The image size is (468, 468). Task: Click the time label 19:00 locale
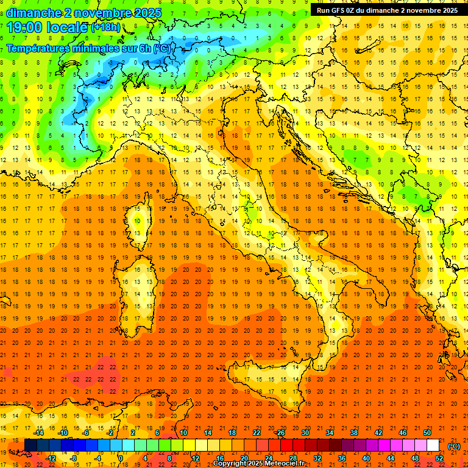(x=48, y=27)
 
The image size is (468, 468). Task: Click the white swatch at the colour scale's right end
(x=433, y=445)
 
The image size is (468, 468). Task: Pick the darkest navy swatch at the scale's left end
(x=30, y=445)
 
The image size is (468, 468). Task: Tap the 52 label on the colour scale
(x=439, y=458)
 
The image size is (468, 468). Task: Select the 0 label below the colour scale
(x=121, y=458)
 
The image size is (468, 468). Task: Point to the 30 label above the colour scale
(x=305, y=433)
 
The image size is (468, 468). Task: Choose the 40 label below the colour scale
(x=366, y=458)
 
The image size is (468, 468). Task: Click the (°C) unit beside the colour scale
(x=453, y=446)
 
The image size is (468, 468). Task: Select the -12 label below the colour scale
(x=51, y=458)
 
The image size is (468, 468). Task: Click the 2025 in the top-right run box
(x=448, y=10)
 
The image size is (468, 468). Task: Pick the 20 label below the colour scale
(x=244, y=458)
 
